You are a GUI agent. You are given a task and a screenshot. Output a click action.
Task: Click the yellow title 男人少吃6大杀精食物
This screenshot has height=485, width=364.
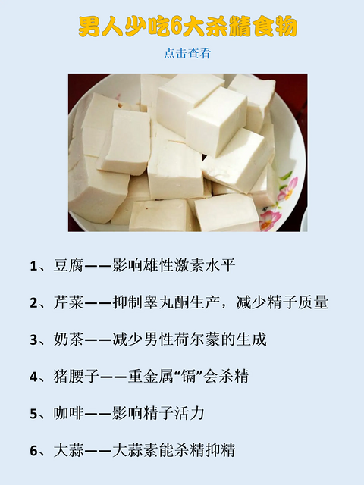(x=187, y=27)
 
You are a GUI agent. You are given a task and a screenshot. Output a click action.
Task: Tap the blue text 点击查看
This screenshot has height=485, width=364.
(x=187, y=53)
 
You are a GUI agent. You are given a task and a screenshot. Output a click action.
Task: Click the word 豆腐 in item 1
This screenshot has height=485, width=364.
(x=69, y=265)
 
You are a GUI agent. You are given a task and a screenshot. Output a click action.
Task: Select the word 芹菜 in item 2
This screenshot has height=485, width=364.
(x=69, y=302)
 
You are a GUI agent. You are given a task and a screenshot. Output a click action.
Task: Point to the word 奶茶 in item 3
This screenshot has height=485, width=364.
(x=69, y=339)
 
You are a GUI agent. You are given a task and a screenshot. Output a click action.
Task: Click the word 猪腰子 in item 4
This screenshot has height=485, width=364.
(x=76, y=377)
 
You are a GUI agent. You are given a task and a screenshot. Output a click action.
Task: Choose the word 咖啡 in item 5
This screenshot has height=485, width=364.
(x=69, y=413)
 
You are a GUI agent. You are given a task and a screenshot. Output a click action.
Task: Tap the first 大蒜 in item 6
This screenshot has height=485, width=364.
(x=69, y=450)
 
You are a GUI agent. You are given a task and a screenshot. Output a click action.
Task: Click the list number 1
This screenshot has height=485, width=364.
(x=33, y=266)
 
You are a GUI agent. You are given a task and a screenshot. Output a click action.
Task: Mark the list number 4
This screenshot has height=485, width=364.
(x=33, y=377)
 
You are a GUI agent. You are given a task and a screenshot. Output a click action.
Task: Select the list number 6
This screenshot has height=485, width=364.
(x=33, y=451)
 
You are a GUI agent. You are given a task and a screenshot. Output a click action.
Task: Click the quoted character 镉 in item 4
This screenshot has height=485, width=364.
(x=190, y=377)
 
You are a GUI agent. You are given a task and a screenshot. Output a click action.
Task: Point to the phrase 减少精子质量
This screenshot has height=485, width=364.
(x=282, y=302)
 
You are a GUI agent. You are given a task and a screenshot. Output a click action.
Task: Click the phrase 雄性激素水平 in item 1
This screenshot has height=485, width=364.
(x=190, y=265)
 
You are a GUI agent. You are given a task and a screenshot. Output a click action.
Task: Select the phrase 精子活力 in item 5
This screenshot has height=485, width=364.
(x=174, y=413)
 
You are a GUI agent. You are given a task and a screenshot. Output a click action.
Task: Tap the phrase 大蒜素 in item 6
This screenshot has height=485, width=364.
(x=136, y=450)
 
